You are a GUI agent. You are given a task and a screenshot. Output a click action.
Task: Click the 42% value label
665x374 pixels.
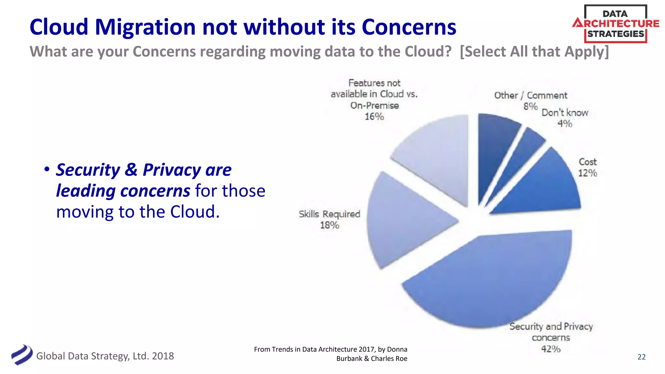(551, 349)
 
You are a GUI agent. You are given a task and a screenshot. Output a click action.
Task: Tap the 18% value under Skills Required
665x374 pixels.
(329, 225)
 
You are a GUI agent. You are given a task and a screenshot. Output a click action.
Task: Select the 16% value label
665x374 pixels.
(374, 117)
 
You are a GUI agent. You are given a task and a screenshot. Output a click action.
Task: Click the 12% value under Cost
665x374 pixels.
(587, 173)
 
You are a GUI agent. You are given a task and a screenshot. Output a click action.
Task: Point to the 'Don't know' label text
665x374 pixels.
(565, 113)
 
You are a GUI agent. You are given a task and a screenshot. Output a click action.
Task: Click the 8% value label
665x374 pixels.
(530, 106)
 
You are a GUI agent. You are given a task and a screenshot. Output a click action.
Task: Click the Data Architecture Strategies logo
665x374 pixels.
(615, 24)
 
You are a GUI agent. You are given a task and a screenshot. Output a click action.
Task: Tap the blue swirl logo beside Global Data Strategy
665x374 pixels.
(22, 355)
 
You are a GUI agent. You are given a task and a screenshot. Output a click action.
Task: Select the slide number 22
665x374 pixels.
(641, 357)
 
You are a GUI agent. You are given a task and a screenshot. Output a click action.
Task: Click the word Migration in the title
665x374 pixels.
(145, 27)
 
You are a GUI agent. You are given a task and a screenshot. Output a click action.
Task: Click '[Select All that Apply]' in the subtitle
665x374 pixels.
(534, 52)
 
